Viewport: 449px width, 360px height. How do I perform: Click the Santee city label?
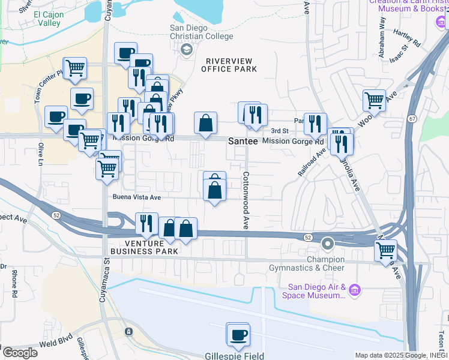243,141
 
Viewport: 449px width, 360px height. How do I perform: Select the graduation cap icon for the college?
187,49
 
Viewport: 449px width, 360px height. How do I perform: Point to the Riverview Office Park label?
231,65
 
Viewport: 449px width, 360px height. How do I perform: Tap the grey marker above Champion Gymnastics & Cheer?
327,244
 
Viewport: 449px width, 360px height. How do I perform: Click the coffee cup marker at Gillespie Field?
238,334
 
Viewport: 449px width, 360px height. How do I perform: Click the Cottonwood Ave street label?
246,200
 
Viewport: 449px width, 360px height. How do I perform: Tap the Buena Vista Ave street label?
136,196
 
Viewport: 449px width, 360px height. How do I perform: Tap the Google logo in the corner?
19,353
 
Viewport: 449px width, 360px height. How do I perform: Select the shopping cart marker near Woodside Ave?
375,100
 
